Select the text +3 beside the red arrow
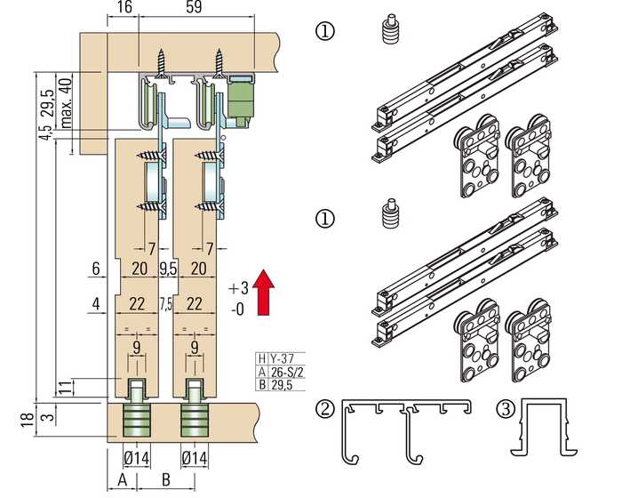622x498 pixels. (x=237, y=288)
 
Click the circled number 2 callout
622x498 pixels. (x=327, y=409)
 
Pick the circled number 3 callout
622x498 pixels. (x=505, y=409)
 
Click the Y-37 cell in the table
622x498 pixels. (x=283, y=358)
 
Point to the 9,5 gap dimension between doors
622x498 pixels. (x=167, y=269)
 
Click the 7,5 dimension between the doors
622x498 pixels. (x=167, y=303)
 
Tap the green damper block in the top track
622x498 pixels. (x=240, y=98)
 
